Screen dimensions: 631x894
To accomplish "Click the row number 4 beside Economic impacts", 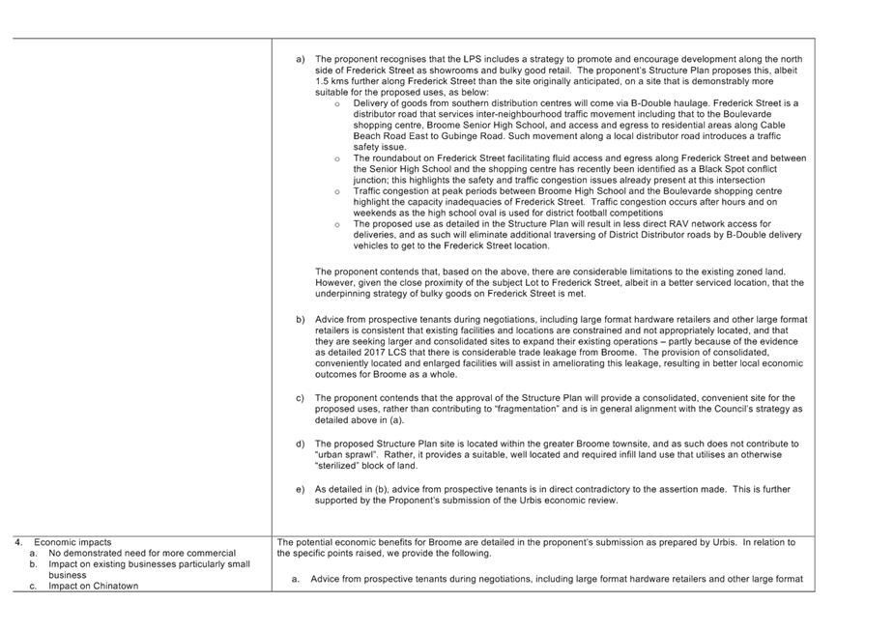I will [17, 542].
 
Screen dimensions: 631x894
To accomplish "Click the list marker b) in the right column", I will [301, 319].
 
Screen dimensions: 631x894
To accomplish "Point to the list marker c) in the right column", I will [301, 397].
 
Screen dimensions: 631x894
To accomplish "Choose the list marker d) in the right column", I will [301, 443].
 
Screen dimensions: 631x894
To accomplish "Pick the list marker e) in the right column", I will [301, 489].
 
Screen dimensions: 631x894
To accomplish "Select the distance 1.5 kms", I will [330, 81].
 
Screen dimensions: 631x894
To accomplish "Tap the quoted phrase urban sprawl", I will [344, 454].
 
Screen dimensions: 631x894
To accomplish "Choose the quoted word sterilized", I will [340, 466].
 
